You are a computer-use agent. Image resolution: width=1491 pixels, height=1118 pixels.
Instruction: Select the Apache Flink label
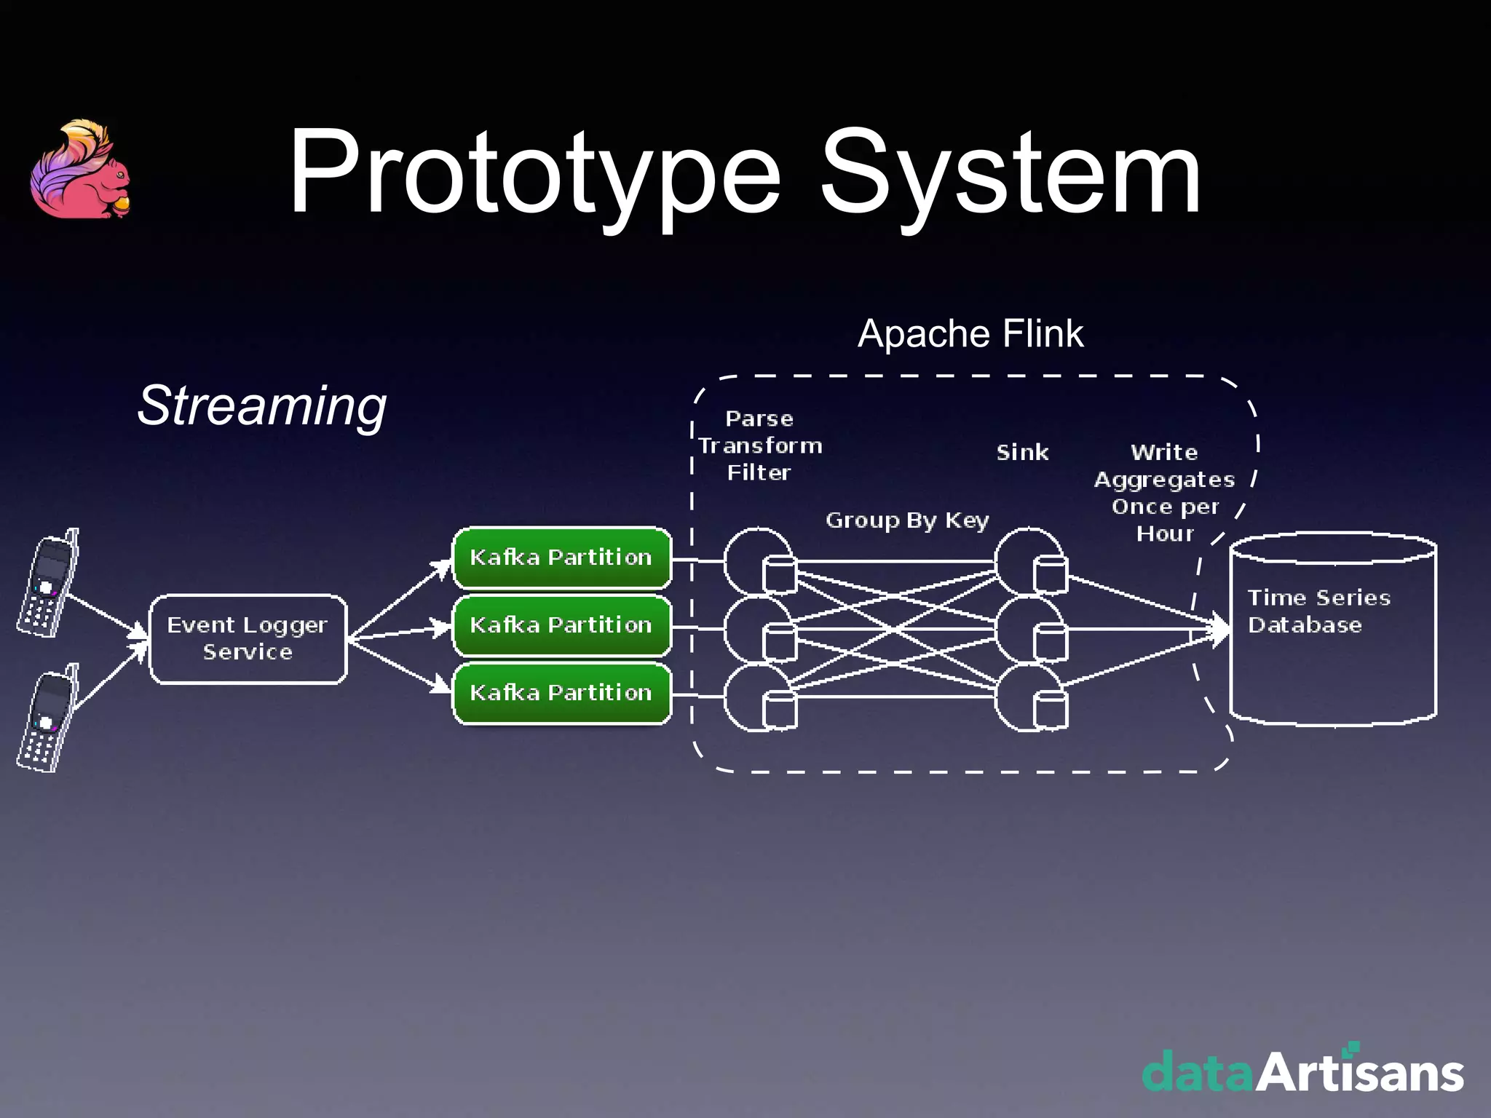point(970,334)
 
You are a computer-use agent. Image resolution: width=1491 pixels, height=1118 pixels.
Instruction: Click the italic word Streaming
point(262,405)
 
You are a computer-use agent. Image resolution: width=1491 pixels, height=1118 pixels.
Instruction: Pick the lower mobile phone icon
point(48,719)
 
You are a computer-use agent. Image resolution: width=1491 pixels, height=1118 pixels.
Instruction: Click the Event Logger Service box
point(248,639)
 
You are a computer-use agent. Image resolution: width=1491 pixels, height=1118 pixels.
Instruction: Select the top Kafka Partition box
point(561,558)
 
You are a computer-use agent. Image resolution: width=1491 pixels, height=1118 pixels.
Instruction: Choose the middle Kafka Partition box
point(561,625)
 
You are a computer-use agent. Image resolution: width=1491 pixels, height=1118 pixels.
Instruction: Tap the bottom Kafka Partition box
point(561,693)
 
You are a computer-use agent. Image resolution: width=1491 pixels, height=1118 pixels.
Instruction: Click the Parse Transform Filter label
point(759,445)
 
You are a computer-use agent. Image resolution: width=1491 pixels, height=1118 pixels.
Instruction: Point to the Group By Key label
point(907,520)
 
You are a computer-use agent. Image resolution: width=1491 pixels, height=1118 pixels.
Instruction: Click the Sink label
point(1022,453)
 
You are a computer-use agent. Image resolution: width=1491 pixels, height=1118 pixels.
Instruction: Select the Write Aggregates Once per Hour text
point(1165,493)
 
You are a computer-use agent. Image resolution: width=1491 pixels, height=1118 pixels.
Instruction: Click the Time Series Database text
point(1318,611)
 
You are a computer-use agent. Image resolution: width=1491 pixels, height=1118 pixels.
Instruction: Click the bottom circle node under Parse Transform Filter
point(757,697)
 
